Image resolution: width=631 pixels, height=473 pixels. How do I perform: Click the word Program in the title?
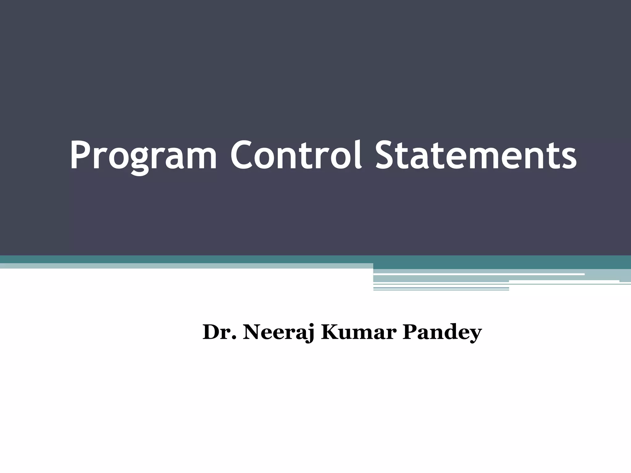143,156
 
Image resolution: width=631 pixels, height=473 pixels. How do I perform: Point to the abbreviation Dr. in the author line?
220,332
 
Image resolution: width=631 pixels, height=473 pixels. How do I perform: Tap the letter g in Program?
141,160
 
